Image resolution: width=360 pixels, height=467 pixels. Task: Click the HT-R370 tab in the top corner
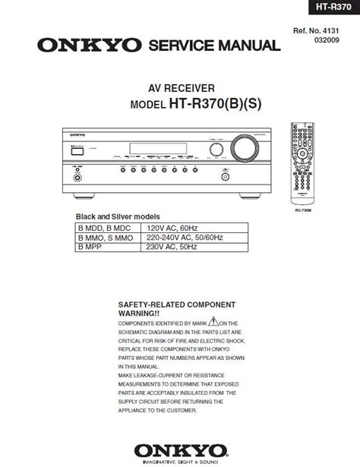[330, 8]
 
